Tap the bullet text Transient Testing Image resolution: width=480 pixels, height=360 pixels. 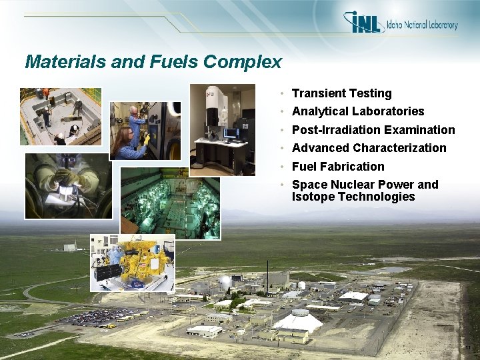341,93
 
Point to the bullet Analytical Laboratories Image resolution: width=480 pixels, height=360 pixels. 358,111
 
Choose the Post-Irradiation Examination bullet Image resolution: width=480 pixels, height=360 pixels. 373,130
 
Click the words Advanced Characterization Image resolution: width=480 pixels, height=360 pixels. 369,148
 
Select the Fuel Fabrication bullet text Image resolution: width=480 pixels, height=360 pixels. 338,167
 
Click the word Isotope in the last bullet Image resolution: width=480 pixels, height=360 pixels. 313,197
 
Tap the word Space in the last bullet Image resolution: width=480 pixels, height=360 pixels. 309,185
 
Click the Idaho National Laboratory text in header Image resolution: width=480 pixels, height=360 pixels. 421,25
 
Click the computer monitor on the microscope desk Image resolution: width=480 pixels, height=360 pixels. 231,133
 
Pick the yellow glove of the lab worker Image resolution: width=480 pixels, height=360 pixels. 146,139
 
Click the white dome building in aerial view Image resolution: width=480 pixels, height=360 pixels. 299,321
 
